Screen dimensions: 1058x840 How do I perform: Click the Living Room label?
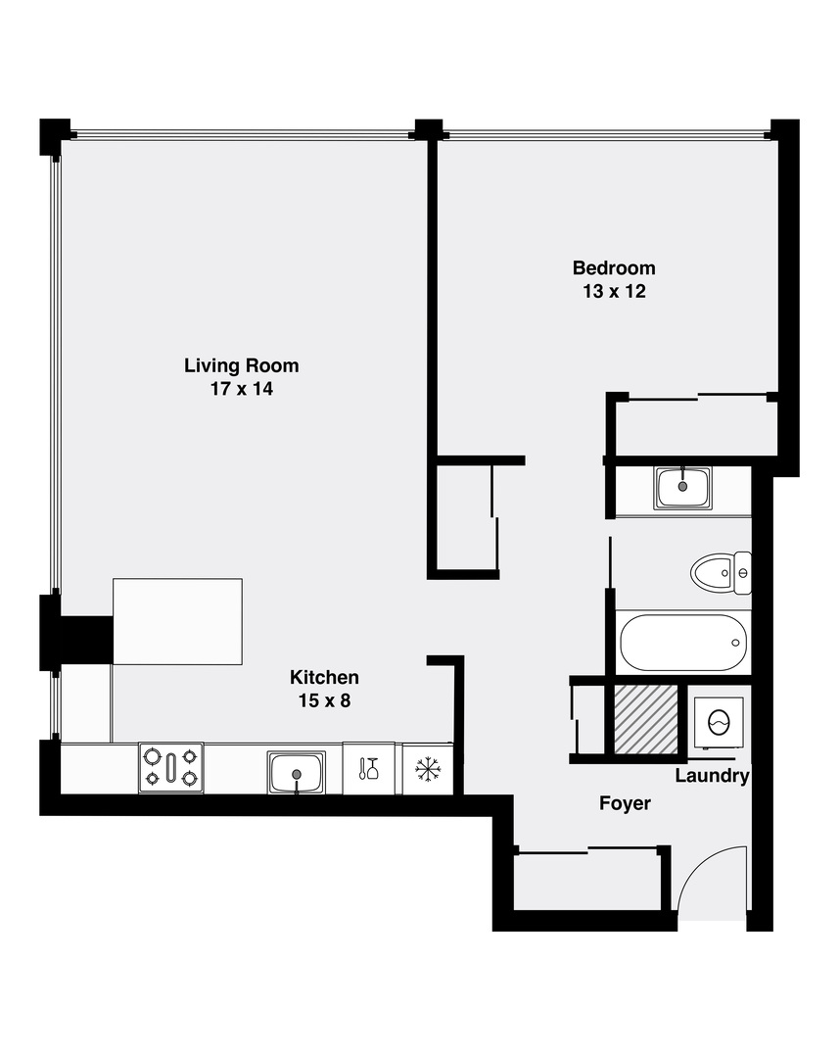tap(241, 365)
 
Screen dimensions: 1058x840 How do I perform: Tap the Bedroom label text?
tap(614, 267)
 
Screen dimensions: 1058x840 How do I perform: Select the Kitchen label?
tap(324, 677)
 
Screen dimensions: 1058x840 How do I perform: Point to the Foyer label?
tap(625, 803)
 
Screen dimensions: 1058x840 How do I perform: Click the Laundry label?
tap(713, 777)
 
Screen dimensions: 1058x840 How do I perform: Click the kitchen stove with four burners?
tap(171, 768)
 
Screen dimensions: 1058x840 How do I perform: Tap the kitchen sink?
tap(296, 771)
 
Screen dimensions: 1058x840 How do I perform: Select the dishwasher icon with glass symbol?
tap(369, 769)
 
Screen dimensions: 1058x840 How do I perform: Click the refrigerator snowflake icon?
tap(428, 769)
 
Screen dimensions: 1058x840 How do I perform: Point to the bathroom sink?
tap(683, 487)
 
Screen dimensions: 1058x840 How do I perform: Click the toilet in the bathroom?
tap(721, 572)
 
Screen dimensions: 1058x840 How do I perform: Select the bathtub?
tap(682, 643)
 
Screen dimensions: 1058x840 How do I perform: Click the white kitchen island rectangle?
tap(177, 621)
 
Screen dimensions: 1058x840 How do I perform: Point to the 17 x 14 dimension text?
tap(241, 390)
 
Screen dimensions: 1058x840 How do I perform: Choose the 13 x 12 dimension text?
tap(614, 292)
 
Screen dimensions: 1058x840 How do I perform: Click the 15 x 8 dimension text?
tap(324, 701)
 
